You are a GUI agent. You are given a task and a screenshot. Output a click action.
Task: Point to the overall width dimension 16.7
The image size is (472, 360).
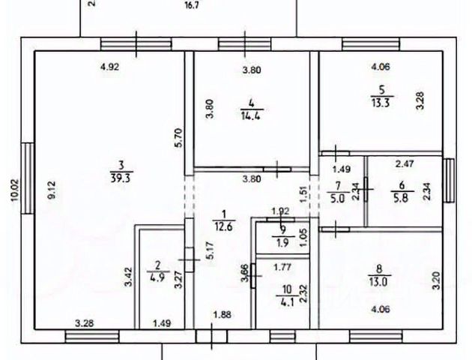195,6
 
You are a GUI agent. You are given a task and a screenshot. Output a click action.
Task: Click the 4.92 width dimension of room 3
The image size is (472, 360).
110,66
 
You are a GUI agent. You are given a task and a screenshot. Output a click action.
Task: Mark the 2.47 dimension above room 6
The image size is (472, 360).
405,163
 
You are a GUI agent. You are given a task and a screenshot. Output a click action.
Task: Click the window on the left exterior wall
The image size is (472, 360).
28,177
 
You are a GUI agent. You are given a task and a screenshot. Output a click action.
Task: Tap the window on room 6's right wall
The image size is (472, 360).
449,180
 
